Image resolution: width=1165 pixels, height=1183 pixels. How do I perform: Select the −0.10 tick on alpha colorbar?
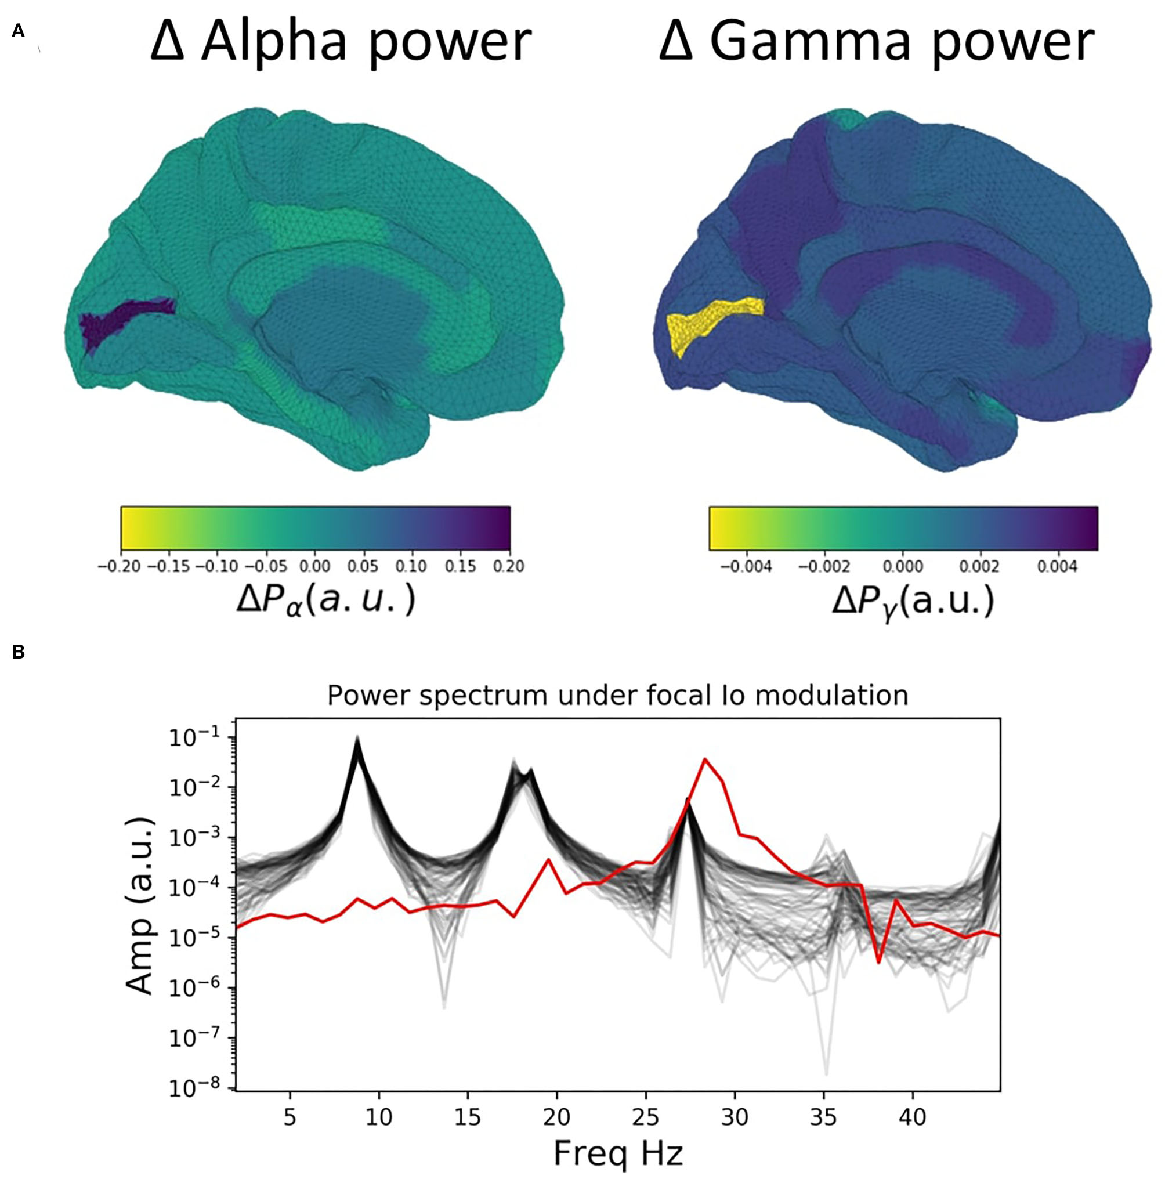216,566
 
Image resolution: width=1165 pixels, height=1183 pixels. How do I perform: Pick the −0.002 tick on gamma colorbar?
824,566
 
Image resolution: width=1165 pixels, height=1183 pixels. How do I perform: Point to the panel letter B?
19,652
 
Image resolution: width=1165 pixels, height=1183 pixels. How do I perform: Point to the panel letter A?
18,31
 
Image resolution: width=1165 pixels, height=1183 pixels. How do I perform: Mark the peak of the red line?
705,759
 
